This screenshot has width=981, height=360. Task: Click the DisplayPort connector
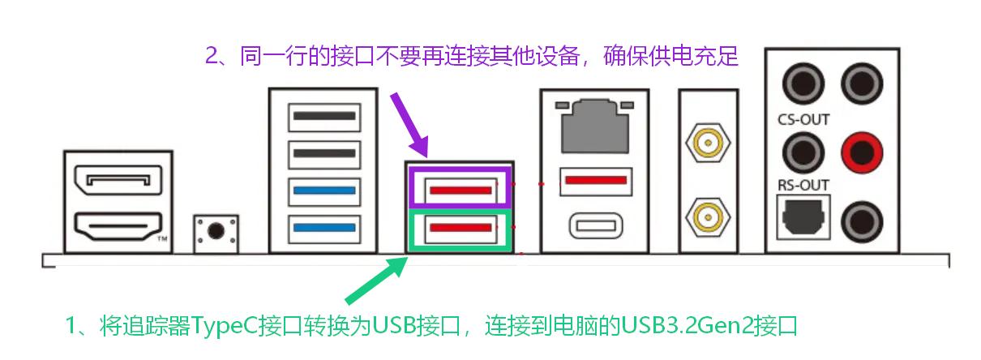coord(118,180)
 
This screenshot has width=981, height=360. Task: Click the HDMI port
coord(118,226)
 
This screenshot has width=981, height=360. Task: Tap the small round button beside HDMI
coord(216,230)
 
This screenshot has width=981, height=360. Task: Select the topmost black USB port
coord(324,117)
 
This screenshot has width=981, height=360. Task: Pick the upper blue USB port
coord(324,191)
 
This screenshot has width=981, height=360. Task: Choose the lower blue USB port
coord(324,228)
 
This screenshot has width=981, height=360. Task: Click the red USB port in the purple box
coord(461,190)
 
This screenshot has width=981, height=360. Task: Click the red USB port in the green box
coord(461,228)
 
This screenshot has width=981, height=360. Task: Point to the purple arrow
coord(409,125)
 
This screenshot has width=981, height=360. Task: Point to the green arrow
coord(376,281)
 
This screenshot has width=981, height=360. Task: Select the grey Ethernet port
coord(595,126)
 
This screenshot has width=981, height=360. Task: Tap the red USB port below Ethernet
coord(596,181)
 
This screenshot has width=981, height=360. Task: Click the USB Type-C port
coord(596,226)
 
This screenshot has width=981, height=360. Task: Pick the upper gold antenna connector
coord(708,143)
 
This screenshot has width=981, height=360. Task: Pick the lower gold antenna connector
coord(708,216)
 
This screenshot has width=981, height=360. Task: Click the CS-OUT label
coord(803,119)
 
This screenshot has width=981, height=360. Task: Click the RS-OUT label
coord(803,185)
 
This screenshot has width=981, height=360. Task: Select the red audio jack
coord(862,153)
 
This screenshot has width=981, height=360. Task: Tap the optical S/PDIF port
coord(803,217)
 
